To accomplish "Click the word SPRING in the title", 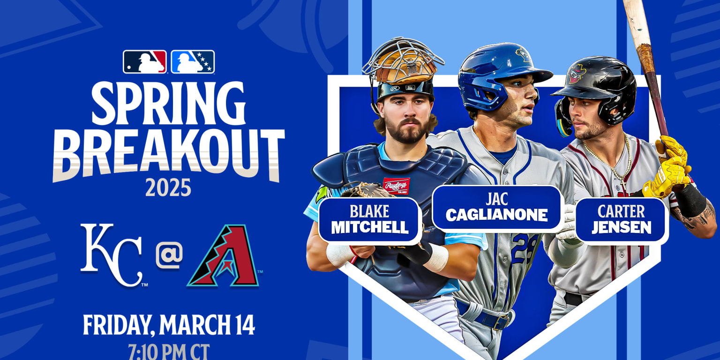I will (169, 104).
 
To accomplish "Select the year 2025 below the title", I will (168, 188).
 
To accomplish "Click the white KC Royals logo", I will (112, 255).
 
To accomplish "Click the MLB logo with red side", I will (145, 62).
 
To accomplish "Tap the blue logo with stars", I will (193, 62).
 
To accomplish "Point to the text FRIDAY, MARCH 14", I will (169, 325).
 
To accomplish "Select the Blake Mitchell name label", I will (370, 220).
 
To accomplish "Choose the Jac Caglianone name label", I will (497, 208).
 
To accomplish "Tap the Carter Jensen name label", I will (621, 220).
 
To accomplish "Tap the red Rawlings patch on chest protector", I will (396, 186).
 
